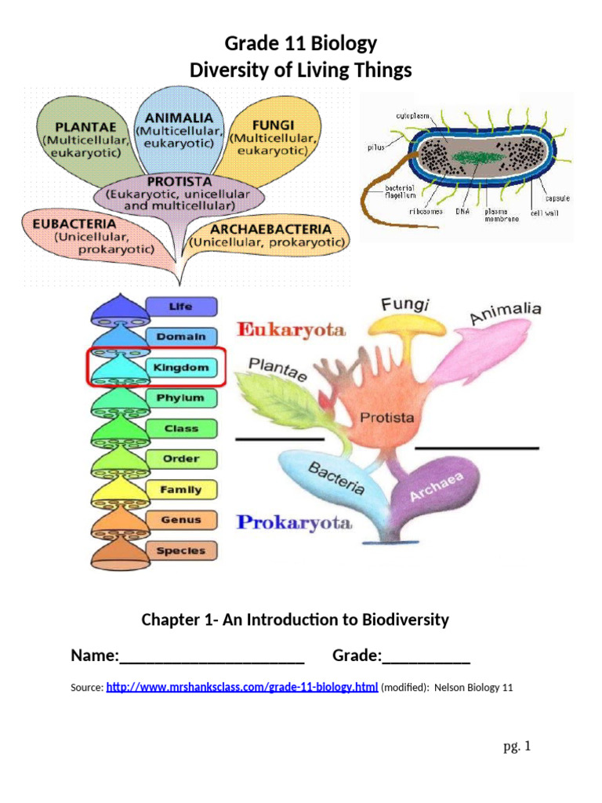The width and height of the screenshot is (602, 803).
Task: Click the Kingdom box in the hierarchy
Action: point(180,367)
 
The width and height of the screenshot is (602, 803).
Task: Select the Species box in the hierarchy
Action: point(180,550)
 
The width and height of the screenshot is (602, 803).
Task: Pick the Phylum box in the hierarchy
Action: point(180,398)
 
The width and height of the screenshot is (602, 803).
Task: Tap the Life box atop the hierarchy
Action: point(180,306)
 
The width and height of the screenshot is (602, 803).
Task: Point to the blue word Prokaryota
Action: point(294,523)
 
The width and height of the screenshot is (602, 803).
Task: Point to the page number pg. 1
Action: point(517,747)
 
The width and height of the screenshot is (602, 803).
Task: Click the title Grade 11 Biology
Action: point(301,43)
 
